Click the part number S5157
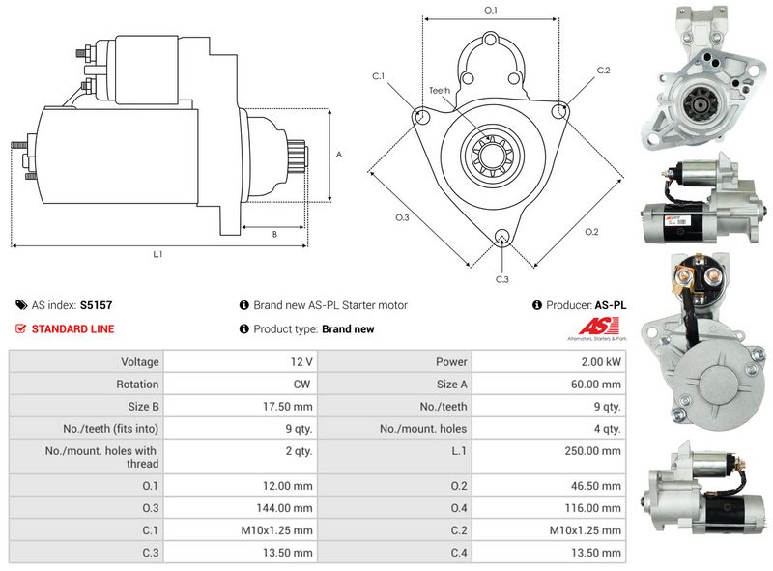[x=96, y=305]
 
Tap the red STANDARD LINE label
[x=72, y=329]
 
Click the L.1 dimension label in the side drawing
[x=157, y=255]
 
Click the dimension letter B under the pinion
[x=274, y=235]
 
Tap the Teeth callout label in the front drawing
[x=440, y=91]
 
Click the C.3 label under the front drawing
[x=501, y=279]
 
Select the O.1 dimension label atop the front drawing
[x=490, y=11]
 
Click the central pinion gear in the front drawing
[x=491, y=155]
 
